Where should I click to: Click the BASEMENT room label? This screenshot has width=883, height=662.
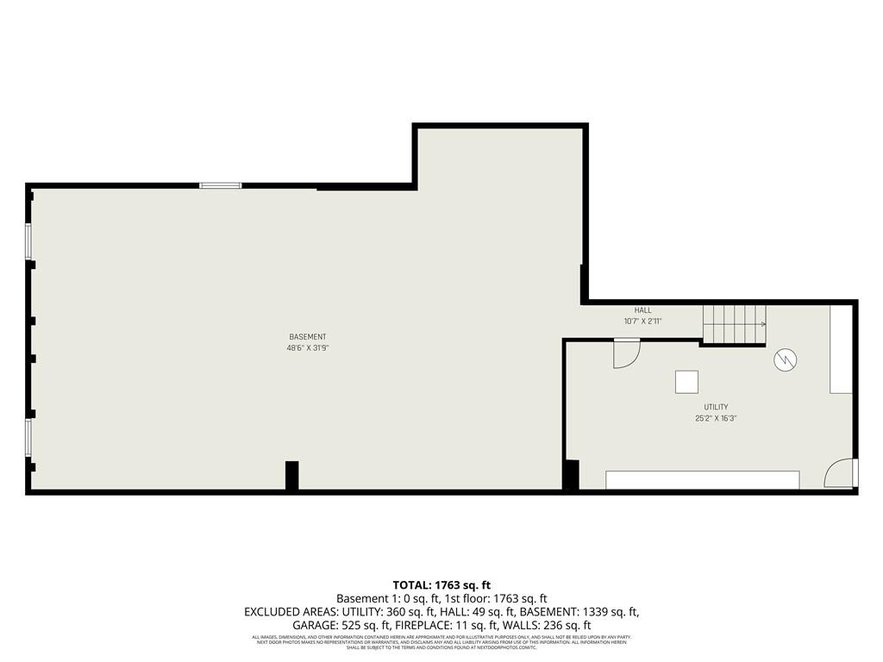tap(307, 337)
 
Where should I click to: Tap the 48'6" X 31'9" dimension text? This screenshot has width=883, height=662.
tap(307, 348)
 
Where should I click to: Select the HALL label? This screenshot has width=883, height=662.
tap(643, 310)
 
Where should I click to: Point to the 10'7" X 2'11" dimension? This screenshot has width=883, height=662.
tap(643, 322)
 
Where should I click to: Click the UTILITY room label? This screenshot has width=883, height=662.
tap(716, 407)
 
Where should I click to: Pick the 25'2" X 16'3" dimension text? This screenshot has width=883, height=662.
tap(716, 418)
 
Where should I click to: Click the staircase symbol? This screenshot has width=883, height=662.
tap(734, 325)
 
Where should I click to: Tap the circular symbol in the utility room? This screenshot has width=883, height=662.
tap(785, 359)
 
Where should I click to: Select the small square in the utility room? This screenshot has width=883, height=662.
tap(687, 382)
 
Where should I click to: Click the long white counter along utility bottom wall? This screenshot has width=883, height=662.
tap(702, 480)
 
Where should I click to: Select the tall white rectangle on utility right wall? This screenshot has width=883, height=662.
tap(841, 349)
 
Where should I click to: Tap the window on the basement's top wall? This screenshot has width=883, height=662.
tap(221, 185)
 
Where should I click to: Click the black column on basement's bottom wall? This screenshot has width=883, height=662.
tap(292, 475)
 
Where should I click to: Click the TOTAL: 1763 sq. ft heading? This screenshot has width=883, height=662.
tap(441, 585)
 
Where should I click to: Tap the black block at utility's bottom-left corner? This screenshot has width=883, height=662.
tap(571, 475)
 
